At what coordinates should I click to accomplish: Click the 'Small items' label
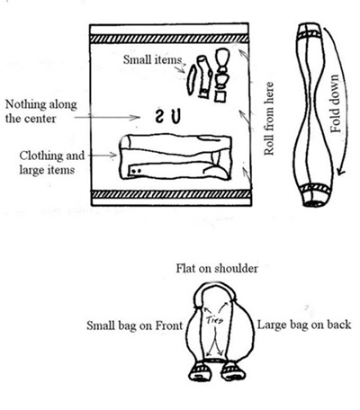coord(152,59)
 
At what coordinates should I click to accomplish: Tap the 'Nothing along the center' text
coord(41,111)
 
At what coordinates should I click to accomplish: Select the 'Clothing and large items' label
coord(51,163)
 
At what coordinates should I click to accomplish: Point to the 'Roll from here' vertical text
coord(269,119)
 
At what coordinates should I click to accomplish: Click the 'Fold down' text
coord(336,103)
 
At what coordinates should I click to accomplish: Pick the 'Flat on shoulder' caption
coord(217,268)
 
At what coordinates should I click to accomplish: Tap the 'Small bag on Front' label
coord(134,325)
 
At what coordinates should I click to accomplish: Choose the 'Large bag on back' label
coord(304,325)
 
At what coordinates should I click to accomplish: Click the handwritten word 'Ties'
coord(215,320)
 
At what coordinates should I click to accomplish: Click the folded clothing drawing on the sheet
coord(175,157)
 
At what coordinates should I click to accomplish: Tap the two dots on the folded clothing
coord(136,171)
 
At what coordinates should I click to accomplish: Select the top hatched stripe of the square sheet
coord(169,39)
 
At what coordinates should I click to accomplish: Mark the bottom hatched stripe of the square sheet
coord(171,194)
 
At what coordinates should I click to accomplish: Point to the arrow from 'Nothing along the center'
coord(107,118)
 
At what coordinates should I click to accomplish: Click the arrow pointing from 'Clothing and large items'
coord(103,156)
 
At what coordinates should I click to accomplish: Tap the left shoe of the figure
coord(200,371)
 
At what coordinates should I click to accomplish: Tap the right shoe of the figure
coord(233,371)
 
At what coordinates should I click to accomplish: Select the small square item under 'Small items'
coord(220,97)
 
